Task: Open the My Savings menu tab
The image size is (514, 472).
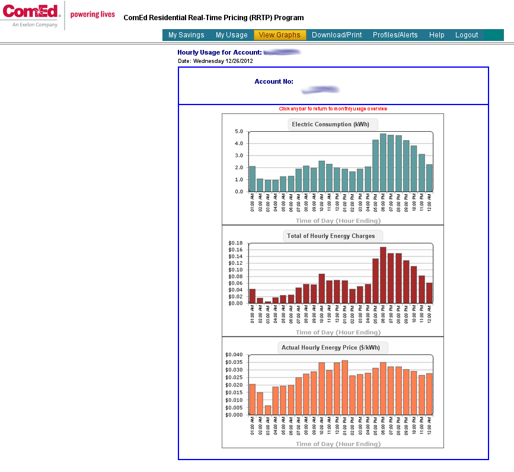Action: pos(186,35)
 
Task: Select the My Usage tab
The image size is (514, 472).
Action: pos(232,35)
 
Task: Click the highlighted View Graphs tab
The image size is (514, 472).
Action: pos(280,35)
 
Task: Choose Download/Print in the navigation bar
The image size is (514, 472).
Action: pos(337,35)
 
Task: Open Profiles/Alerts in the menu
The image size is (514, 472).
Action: pos(395,35)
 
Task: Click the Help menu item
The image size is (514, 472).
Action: pos(437,35)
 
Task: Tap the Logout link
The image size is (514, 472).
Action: pos(467,35)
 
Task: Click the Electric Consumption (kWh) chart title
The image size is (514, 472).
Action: pos(330,124)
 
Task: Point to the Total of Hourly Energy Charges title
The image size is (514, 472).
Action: pos(331,236)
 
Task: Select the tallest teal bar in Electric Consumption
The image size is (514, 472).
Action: pos(383,162)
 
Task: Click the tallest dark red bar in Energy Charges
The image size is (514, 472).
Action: pos(383,275)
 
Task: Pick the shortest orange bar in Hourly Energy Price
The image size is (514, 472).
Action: pos(268,410)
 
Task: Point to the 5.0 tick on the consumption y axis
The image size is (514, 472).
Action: pos(239,131)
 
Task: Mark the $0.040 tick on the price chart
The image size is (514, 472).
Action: pos(234,354)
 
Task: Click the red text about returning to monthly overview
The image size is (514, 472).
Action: pos(333,109)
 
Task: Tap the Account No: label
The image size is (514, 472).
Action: pos(274,81)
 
